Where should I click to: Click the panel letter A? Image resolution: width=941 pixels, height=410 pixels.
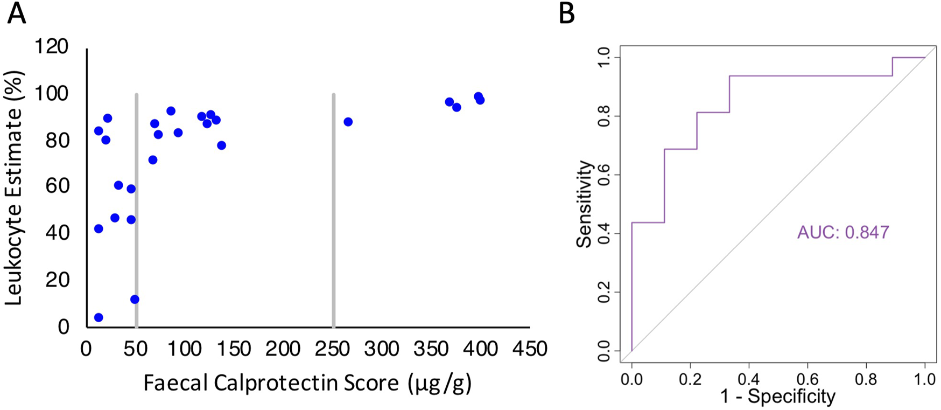click(16, 13)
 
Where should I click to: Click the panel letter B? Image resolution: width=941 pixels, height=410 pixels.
click(567, 13)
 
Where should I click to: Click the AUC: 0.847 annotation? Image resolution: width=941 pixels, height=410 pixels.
click(843, 232)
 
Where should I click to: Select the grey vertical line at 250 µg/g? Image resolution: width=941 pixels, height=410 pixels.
click(334, 210)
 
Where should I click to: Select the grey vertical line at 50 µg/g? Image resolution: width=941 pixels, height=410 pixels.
click(137, 210)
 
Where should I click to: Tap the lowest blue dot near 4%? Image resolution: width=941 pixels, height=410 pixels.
click(99, 317)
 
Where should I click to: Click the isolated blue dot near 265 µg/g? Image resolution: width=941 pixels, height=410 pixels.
click(348, 122)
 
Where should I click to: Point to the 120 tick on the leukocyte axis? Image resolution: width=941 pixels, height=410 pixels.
click(52, 47)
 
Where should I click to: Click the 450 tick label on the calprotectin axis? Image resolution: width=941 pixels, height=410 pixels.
click(529, 349)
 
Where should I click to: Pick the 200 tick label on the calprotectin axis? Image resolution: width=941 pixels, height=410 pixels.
click(283, 349)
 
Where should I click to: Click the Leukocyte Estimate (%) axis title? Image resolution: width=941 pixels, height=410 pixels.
click(14, 187)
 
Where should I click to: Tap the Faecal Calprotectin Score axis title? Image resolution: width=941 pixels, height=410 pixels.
click(307, 383)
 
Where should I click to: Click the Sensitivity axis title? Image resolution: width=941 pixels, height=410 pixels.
click(584, 204)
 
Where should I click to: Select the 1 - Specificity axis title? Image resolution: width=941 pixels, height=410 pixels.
click(778, 397)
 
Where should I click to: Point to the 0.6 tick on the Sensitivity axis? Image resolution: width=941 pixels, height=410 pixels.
click(603, 175)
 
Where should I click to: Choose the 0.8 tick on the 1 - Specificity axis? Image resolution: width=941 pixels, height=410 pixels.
click(866, 379)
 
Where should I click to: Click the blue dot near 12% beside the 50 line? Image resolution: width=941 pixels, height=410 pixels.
click(135, 299)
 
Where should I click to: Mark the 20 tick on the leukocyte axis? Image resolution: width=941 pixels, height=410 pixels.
click(57, 280)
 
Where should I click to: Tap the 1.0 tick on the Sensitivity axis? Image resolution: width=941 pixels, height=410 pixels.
click(603, 57)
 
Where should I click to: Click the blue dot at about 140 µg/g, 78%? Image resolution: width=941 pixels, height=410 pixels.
click(221, 145)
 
